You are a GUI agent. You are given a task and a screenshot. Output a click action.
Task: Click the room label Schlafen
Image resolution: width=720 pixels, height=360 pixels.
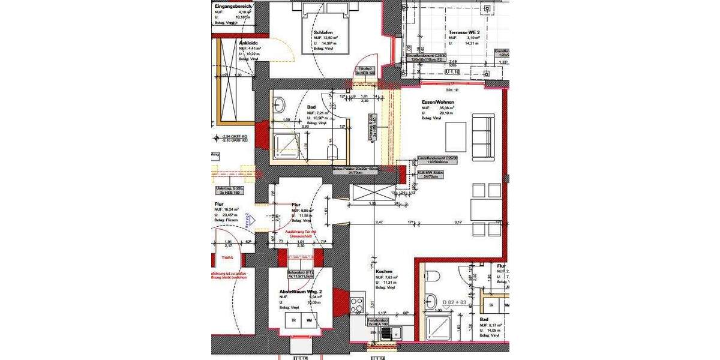[323, 33]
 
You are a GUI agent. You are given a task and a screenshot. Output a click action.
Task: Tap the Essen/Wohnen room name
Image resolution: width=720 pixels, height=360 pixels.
[437, 103]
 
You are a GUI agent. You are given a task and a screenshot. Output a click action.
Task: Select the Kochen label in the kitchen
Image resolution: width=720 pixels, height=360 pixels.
[384, 271]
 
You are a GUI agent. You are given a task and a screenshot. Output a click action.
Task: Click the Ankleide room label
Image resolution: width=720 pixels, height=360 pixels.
[248, 43]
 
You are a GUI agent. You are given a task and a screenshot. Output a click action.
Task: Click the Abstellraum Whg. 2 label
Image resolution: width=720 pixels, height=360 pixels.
[301, 292]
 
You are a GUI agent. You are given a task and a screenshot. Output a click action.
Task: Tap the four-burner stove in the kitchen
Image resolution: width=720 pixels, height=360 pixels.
[356, 302]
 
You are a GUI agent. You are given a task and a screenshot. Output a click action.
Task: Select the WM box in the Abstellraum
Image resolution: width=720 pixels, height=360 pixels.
[310, 320]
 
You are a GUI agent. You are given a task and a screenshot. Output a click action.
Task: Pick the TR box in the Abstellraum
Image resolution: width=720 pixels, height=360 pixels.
[293, 320]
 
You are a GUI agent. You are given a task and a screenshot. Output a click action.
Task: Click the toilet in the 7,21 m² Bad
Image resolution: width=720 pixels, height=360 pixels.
[334, 149]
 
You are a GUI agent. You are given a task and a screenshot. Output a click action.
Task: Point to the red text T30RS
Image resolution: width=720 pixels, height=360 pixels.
[227, 257]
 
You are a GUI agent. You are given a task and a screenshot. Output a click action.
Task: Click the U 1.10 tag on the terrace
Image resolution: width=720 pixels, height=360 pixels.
[454, 71]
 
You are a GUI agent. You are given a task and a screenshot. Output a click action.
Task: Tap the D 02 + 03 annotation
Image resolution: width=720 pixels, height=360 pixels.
[454, 302]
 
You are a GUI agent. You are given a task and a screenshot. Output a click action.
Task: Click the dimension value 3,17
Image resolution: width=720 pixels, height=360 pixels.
[458, 223]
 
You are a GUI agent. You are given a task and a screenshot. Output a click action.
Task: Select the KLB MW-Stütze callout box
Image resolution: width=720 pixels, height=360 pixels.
[430, 175]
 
